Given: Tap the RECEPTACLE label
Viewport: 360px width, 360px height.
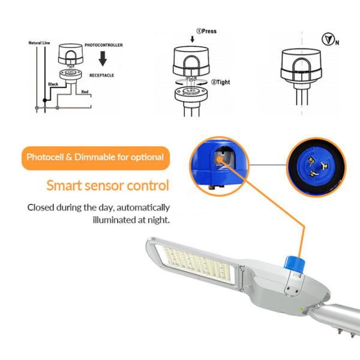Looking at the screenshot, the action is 102,75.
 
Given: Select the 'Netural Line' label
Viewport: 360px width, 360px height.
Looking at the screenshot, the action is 39,43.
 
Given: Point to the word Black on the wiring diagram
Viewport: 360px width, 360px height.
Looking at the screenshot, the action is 52,86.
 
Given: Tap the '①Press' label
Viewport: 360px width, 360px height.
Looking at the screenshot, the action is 206,31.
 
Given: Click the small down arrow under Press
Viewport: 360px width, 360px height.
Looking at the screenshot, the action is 192,40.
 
